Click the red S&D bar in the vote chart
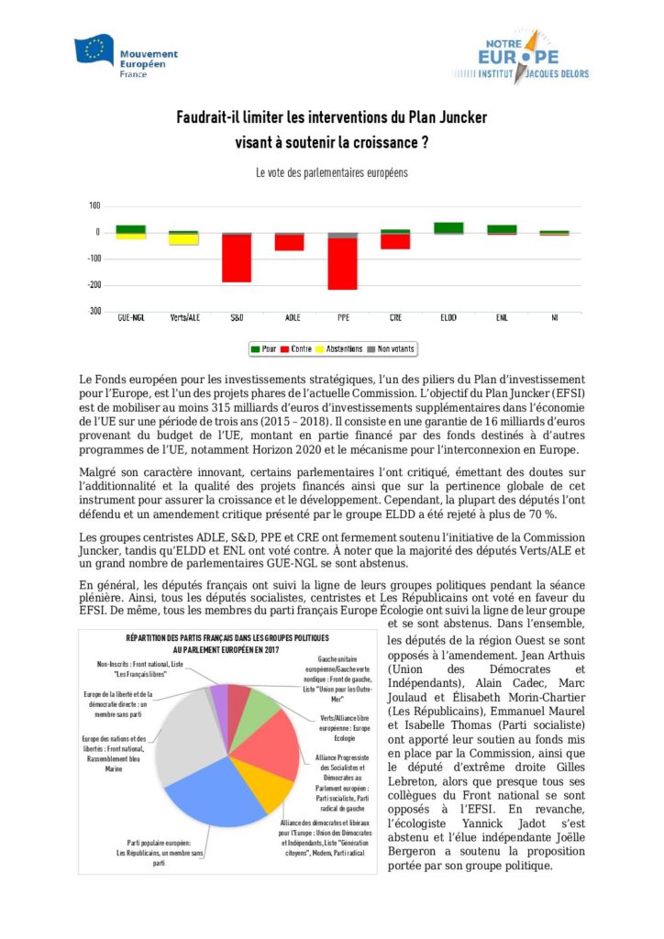[237, 259]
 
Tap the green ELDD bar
[448, 227]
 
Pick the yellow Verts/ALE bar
[184, 240]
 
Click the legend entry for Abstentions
[338, 348]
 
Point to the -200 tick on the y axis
[92, 285]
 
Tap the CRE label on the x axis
[395, 318]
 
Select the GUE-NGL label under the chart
[131, 318]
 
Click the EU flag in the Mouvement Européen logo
[94, 50]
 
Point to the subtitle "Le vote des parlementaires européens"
[331, 172]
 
